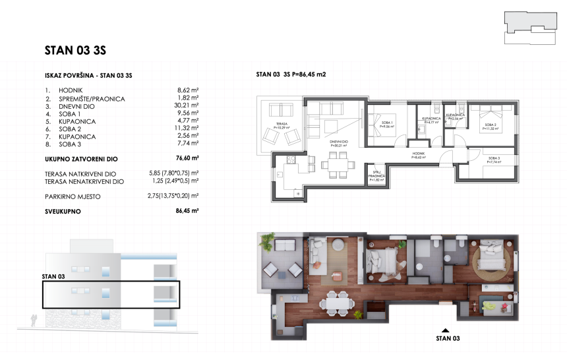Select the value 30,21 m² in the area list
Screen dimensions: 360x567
click(x=188, y=106)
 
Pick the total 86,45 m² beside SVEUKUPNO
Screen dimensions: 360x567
click(x=188, y=211)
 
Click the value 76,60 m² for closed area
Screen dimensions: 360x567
click(x=188, y=158)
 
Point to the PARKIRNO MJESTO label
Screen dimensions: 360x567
click(x=74, y=196)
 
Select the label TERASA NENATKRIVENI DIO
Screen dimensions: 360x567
click(x=84, y=181)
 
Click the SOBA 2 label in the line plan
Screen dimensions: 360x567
click(x=490, y=125)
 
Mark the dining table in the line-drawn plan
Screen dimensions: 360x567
click(x=336, y=163)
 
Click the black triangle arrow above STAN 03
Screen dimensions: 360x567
click(x=446, y=330)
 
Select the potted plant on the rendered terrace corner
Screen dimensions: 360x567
click(x=266, y=241)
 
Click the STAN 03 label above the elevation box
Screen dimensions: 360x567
click(x=53, y=276)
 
